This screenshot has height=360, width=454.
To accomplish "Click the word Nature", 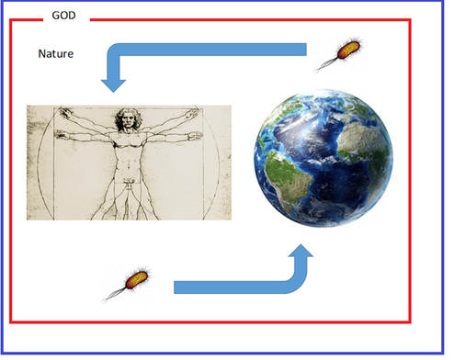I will pos(55,53).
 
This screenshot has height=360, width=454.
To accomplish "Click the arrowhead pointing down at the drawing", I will pos(114,85).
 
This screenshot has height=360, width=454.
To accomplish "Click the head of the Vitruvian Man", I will pos(126,118).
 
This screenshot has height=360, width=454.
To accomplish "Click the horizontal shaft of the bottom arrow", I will pos(230,287).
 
